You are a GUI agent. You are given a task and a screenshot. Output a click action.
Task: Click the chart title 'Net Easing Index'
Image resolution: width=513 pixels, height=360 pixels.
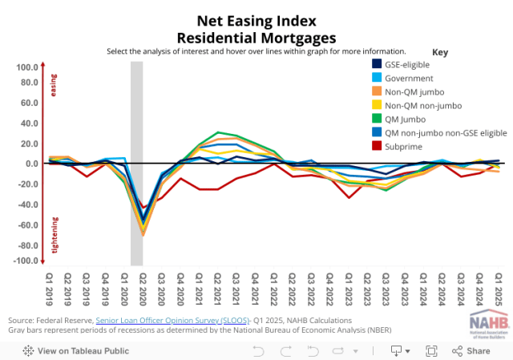tap(256, 22)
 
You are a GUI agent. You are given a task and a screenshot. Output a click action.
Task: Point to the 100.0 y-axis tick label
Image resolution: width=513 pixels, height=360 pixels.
tap(26, 67)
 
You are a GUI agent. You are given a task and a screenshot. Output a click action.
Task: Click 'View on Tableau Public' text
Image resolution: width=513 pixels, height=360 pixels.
tap(77, 350)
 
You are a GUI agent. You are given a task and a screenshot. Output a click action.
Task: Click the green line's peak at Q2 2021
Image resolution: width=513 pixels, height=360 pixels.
tap(216, 132)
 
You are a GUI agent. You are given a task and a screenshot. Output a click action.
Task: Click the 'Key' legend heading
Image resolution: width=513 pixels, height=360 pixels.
tap(439, 51)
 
